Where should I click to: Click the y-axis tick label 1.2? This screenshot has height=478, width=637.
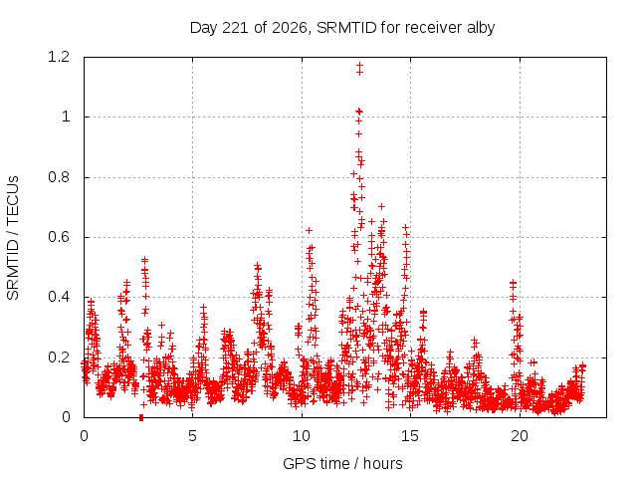click(59, 57)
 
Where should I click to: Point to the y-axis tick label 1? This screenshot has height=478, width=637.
click(66, 118)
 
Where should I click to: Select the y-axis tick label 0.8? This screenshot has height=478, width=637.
click(59, 177)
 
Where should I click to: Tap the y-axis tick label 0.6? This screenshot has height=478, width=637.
click(59, 237)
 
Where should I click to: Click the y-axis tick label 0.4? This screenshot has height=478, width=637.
click(59, 297)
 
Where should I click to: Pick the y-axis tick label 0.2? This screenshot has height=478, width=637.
click(59, 358)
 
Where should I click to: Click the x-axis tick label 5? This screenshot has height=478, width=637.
click(192, 436)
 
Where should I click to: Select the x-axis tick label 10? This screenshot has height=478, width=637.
click(302, 436)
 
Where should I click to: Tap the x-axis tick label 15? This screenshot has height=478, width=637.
click(410, 436)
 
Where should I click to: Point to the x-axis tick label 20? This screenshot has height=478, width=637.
click(520, 436)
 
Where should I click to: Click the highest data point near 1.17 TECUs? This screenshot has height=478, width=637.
click(359, 65)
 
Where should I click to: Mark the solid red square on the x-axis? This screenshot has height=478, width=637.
click(141, 418)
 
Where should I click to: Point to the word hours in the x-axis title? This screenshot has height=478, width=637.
click(382, 464)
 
